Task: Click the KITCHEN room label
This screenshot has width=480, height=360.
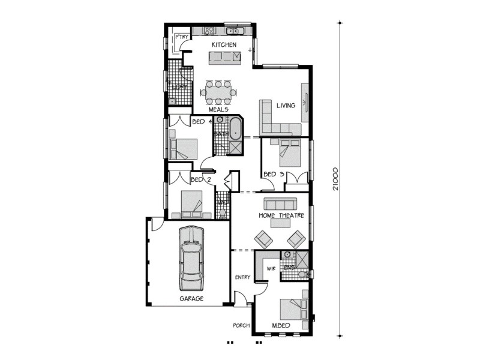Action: coord(224,45)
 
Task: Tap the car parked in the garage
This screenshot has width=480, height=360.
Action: coord(191,257)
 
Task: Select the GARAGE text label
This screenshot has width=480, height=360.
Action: coord(191,298)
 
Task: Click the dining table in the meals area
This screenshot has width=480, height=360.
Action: coord(218,92)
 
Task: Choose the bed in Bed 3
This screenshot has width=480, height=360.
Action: coord(285,152)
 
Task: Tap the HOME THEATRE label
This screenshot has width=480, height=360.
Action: coord(281,215)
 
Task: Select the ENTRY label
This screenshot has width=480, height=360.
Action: coord(242,277)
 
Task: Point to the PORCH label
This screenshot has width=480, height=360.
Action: coord(241,326)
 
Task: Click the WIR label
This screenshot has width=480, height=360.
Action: coord(262,269)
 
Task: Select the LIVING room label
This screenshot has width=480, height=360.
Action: coord(286,106)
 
